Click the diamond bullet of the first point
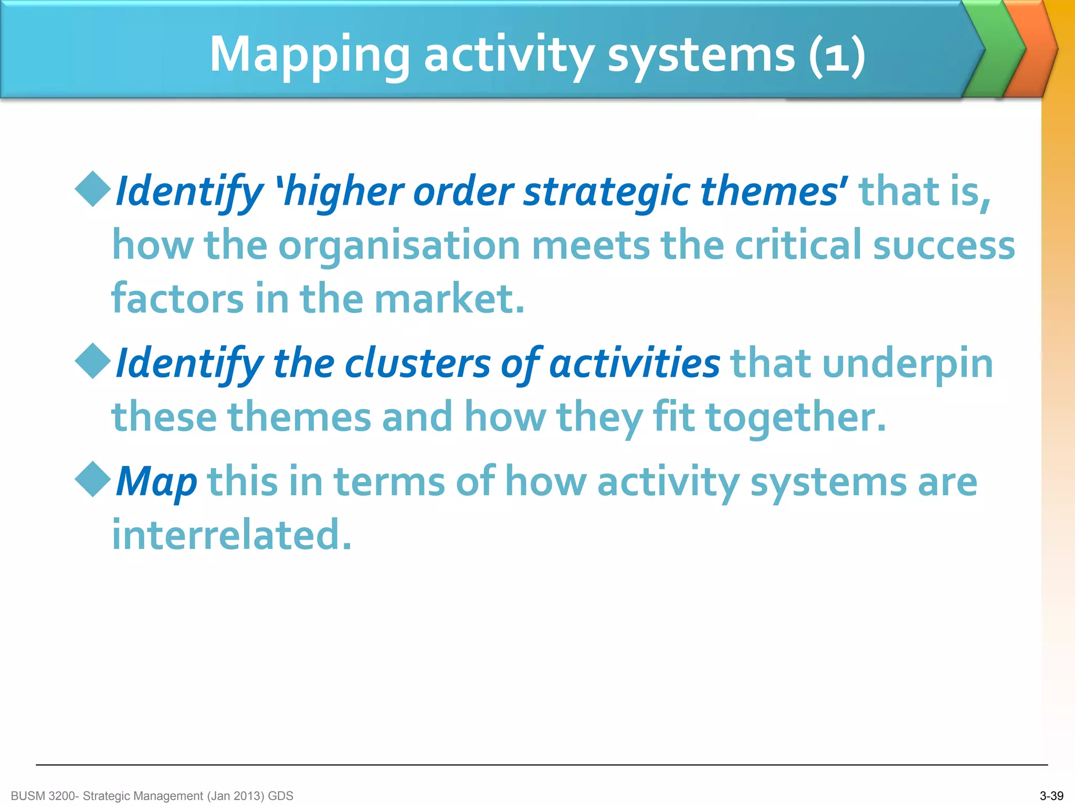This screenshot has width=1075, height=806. pyautogui.click(x=93, y=189)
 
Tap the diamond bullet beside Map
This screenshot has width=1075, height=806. pyautogui.click(x=93, y=479)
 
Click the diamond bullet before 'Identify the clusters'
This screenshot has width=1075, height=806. pyautogui.click(x=93, y=361)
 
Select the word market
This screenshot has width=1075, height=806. pyautogui.click(x=449, y=299)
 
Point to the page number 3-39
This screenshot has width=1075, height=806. pyautogui.click(x=1051, y=796)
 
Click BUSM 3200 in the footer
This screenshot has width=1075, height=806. pyautogui.click(x=43, y=796)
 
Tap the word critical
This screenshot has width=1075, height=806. pyautogui.click(x=798, y=246)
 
